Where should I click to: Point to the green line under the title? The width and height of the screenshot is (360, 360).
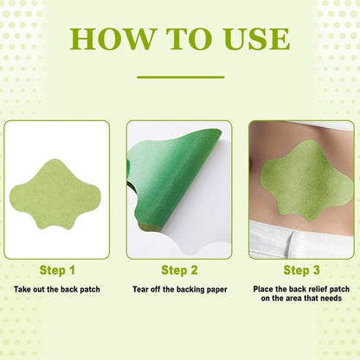pyautogui.click(x=180, y=77)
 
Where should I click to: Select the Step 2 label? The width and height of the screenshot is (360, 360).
pyautogui.click(x=180, y=270)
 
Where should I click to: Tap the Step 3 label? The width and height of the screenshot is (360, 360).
pyautogui.click(x=301, y=270)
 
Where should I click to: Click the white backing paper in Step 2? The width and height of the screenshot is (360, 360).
pyautogui.click(x=203, y=216)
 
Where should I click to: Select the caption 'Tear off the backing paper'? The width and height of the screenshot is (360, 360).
pyautogui.click(x=180, y=288)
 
